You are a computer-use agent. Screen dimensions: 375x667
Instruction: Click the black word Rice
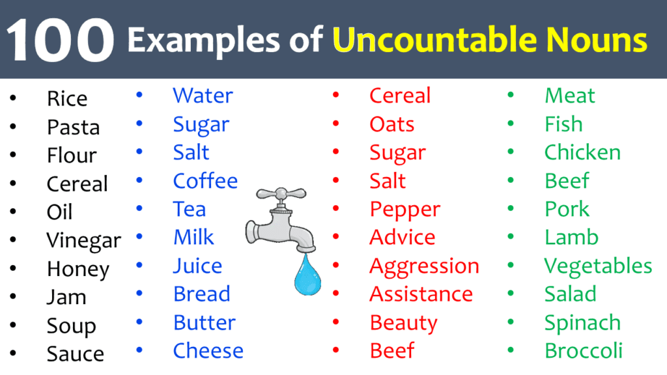(66, 99)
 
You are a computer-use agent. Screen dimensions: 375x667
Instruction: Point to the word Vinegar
(83, 241)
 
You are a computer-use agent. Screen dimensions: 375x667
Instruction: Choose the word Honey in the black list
(78, 270)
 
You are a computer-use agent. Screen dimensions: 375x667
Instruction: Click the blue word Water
(203, 96)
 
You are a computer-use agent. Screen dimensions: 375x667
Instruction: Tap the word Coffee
(205, 181)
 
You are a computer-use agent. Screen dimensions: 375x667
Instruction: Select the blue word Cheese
(208, 351)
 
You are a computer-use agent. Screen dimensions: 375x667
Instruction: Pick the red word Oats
(391, 124)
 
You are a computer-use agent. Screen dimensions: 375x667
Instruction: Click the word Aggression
(424, 266)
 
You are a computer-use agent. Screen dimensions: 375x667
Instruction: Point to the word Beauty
(403, 323)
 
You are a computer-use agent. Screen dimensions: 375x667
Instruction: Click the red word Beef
(392, 351)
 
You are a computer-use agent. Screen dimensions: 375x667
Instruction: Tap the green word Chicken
(582, 152)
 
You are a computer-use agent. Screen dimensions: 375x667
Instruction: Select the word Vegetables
(598, 266)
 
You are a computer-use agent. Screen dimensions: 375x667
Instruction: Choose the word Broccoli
(583, 351)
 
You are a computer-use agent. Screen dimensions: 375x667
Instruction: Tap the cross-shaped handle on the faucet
(280, 194)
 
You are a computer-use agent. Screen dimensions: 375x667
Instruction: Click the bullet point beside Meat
(511, 96)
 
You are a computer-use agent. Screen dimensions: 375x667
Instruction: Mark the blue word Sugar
(201, 124)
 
